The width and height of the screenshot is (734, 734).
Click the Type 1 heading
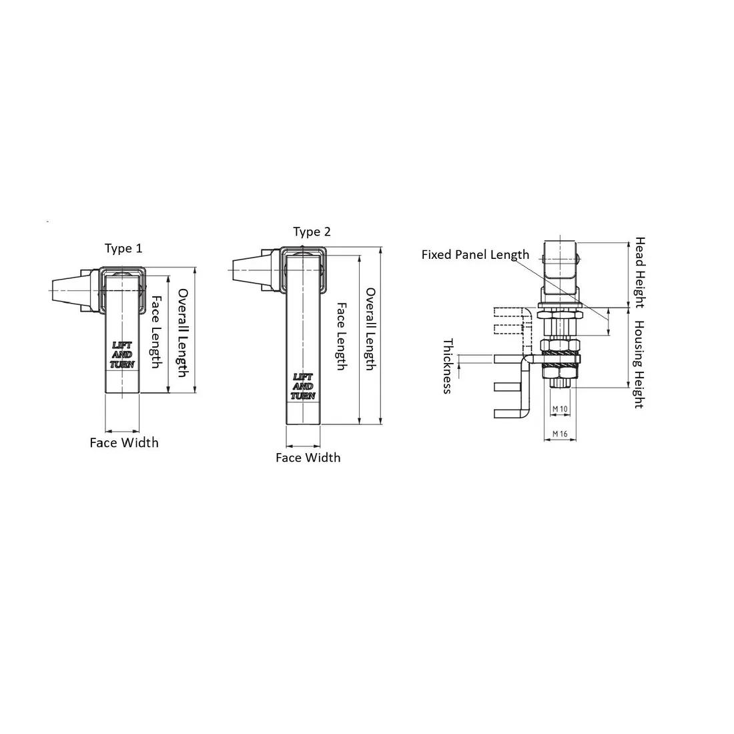coord(123,248)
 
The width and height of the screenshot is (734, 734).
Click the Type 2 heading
coord(312,232)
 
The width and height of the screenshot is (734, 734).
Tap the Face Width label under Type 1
coord(124,443)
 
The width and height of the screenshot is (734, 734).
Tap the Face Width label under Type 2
coord(308,457)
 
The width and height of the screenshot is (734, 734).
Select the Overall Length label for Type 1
coord(183,333)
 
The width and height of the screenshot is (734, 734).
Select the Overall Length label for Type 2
coord(370,329)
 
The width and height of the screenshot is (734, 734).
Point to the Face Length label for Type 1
coord(156,332)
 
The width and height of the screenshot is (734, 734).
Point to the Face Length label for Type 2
coord(342,336)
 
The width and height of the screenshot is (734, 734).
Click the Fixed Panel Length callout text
coord(475,255)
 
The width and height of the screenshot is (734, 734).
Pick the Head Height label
coord(640,272)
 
